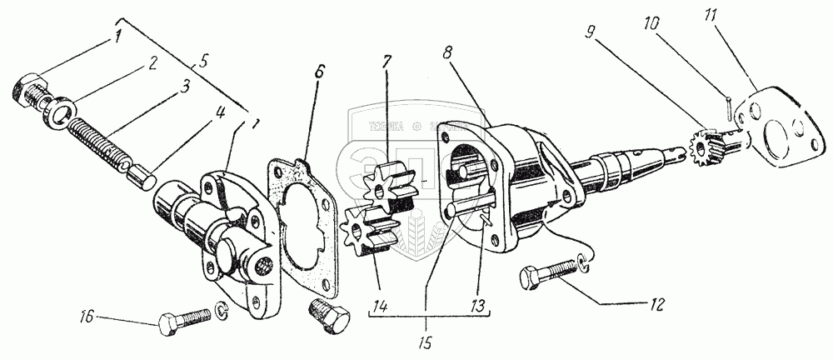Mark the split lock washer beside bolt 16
222,310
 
